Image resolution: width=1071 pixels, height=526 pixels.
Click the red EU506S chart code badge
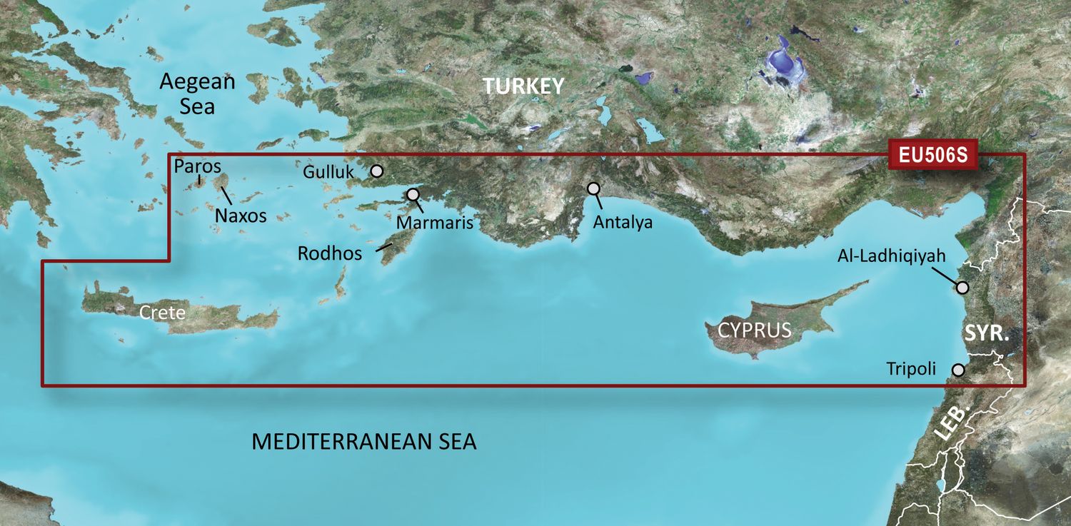point(932,156)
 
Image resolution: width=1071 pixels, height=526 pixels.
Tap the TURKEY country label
point(523,86)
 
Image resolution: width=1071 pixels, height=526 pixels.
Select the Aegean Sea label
point(197,93)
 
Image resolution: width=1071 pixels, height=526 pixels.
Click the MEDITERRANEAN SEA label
point(363,442)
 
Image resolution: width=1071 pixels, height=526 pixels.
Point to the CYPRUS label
point(755,330)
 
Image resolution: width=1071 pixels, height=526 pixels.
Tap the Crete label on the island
point(162,313)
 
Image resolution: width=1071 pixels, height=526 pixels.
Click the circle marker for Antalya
point(593,188)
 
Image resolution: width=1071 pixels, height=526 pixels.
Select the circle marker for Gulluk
point(377,171)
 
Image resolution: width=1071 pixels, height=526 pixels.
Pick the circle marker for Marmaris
point(413,194)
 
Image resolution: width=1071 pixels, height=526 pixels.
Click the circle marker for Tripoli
point(958,370)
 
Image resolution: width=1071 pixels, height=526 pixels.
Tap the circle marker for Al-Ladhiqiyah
point(962,288)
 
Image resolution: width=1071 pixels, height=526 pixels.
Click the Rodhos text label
point(330,253)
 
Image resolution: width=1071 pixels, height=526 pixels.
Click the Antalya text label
point(623,223)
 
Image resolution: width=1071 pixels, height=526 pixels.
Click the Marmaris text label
point(435,223)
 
